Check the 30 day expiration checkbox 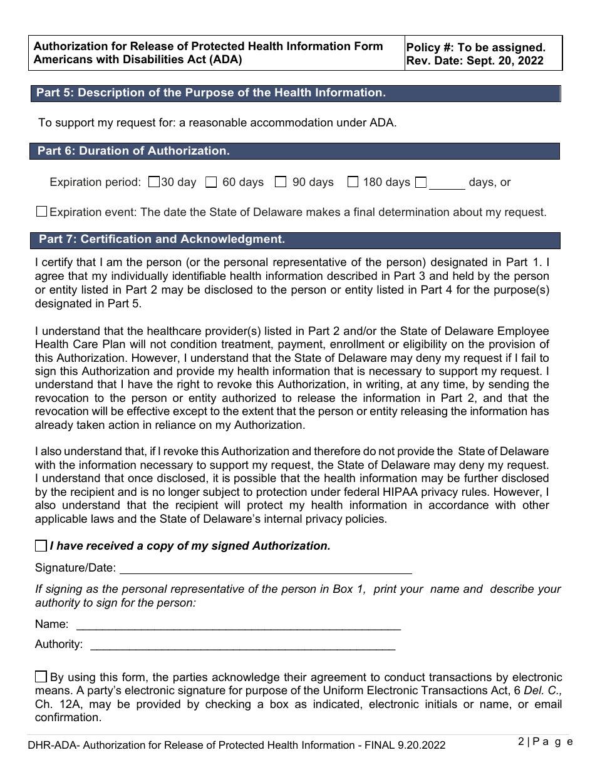pos(154,183)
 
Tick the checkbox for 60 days pos(211,183)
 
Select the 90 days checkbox pos(281,183)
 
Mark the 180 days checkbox pos(353,183)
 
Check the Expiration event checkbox pos(41,212)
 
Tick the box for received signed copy pos(41,546)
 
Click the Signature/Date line pos(266,570)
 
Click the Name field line pos(238,625)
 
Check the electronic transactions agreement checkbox pos(41,677)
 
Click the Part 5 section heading pos(210,93)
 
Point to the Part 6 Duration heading pos(133,151)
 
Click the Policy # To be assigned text pos(476,48)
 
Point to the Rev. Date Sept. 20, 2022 pos(475,61)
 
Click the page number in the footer pos(545,742)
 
